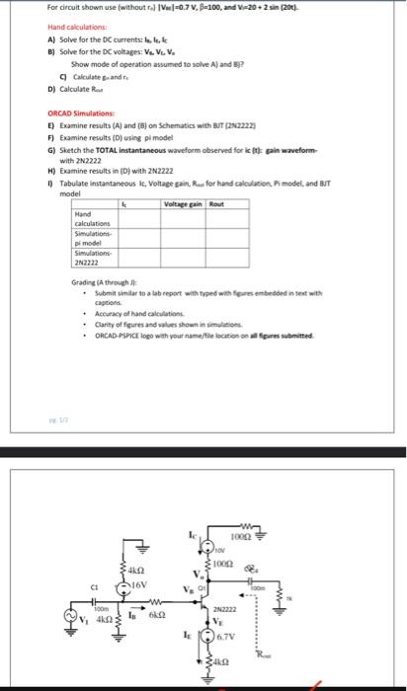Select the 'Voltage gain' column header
point(187,203)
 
